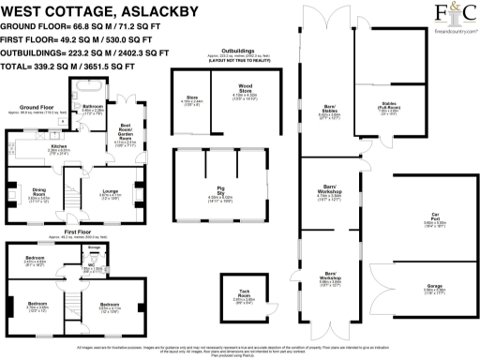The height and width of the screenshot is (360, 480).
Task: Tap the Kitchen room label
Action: click(x=58, y=147)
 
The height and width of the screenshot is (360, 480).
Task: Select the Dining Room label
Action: click(x=38, y=195)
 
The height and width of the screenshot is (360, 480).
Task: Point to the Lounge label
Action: click(x=110, y=194)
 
